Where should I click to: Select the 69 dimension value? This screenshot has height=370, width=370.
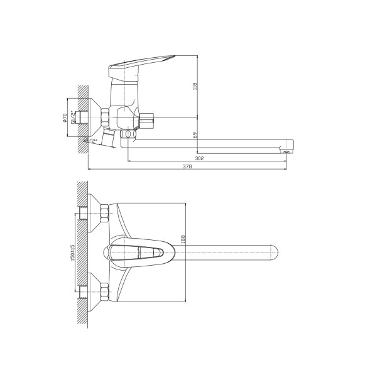tap(195, 135)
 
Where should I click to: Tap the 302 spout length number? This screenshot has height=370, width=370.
tap(199, 159)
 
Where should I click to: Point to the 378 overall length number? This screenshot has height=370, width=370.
tap(187, 167)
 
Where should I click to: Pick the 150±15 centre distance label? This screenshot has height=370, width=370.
tap(72, 253)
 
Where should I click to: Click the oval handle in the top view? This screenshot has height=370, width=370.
tap(142, 253)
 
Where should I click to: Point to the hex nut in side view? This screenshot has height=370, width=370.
tap(104, 117)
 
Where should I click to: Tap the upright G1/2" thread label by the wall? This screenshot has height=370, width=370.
tap(74, 117)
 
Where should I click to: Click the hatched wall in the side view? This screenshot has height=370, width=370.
tap(82, 119)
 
